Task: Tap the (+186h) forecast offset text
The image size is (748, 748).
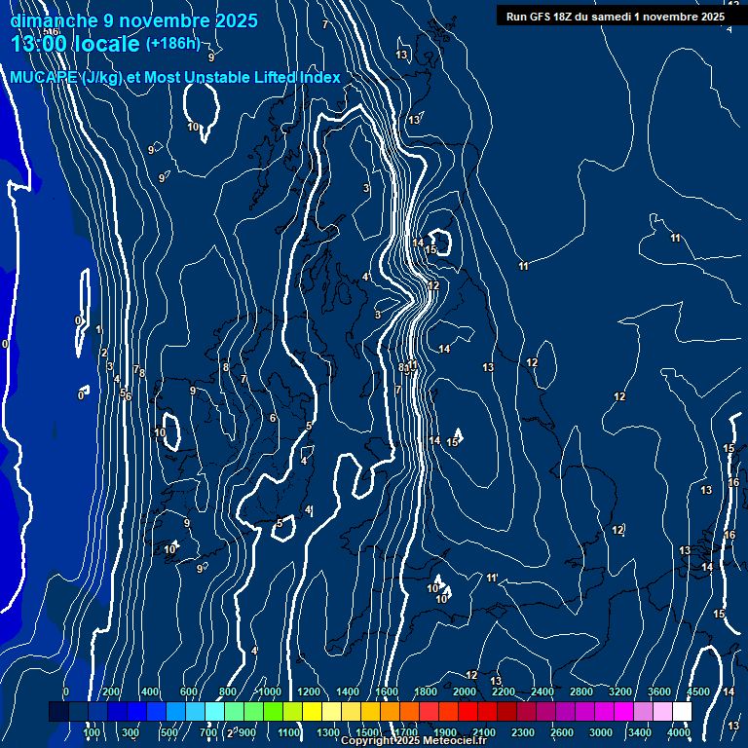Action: pyautogui.click(x=172, y=43)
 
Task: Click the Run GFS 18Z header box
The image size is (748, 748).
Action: pyautogui.click(x=616, y=17)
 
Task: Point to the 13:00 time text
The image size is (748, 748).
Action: pyautogui.click(x=39, y=44)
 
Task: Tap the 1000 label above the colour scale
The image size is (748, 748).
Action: pyautogui.click(x=269, y=692)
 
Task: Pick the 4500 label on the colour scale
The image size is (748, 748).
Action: pyautogui.click(x=698, y=692)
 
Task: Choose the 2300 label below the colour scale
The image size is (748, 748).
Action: pyautogui.click(x=523, y=732)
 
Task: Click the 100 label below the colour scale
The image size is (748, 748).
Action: pyautogui.click(x=93, y=732)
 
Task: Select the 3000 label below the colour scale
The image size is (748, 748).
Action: pyautogui.click(x=601, y=732)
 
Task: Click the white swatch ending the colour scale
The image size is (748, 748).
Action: pyautogui.click(x=682, y=712)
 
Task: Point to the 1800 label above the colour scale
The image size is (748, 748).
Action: pyautogui.click(x=425, y=692)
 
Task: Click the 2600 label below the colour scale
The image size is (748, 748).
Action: pyautogui.click(x=562, y=732)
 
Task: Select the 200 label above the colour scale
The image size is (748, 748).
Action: pyautogui.click(x=111, y=692)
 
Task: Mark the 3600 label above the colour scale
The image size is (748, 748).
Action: pyautogui.click(x=659, y=692)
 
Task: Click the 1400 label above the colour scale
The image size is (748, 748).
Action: pyautogui.click(x=348, y=692)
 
